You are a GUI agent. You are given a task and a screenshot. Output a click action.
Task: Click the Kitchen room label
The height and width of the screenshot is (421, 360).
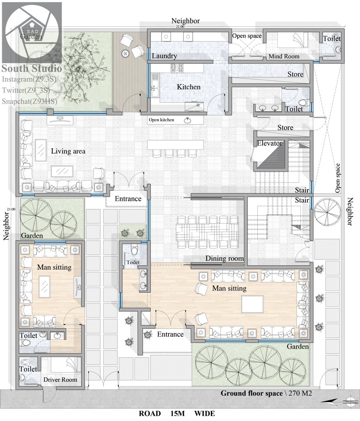[x=189, y=87]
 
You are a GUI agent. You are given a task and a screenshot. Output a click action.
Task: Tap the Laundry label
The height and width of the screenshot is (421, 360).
[x=164, y=56]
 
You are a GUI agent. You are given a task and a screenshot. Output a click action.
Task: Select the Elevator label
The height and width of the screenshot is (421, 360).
[x=269, y=143]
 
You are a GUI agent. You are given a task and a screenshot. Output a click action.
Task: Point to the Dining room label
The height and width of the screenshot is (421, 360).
[x=224, y=258]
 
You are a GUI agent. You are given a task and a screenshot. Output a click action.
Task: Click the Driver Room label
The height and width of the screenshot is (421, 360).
[x=60, y=379]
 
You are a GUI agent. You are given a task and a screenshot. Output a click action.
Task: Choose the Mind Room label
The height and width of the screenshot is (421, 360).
[x=284, y=56]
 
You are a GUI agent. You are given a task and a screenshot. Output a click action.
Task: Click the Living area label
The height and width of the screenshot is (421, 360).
[x=68, y=151]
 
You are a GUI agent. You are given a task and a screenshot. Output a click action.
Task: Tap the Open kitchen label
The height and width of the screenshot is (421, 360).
[x=162, y=120]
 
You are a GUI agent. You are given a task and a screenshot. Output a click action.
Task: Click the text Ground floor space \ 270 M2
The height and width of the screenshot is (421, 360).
[x=266, y=393]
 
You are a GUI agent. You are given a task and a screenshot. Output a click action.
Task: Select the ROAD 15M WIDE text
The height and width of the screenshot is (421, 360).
[x=177, y=414]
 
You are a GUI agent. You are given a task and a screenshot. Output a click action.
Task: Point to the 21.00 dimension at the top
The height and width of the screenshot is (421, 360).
[x=180, y=27]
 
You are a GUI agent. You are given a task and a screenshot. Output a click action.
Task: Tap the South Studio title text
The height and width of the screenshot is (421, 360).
[x=32, y=68]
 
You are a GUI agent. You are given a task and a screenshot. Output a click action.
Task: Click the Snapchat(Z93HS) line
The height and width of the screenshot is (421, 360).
[x=30, y=101]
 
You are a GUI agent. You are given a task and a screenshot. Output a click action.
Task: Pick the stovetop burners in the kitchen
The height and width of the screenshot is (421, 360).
[x=177, y=68]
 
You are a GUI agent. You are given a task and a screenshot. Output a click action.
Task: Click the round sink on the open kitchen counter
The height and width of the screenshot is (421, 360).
[x=187, y=120]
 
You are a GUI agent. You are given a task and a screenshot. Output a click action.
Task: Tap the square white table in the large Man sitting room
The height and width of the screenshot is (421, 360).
[x=252, y=304]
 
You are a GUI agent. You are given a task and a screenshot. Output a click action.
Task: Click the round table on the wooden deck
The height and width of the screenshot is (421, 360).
[x=125, y=54]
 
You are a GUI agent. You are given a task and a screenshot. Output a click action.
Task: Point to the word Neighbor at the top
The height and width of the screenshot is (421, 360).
[x=185, y=21]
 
